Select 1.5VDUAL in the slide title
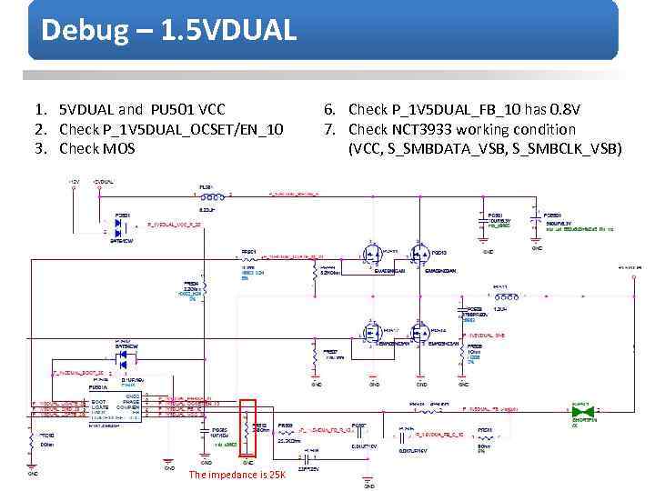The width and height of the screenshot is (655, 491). [x=227, y=30]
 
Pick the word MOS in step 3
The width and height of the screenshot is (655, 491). [x=119, y=148]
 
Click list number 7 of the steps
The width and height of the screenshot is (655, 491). [x=328, y=129]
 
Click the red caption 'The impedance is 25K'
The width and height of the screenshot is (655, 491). [x=237, y=475]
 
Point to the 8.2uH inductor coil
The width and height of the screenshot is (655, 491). [x=207, y=196]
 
